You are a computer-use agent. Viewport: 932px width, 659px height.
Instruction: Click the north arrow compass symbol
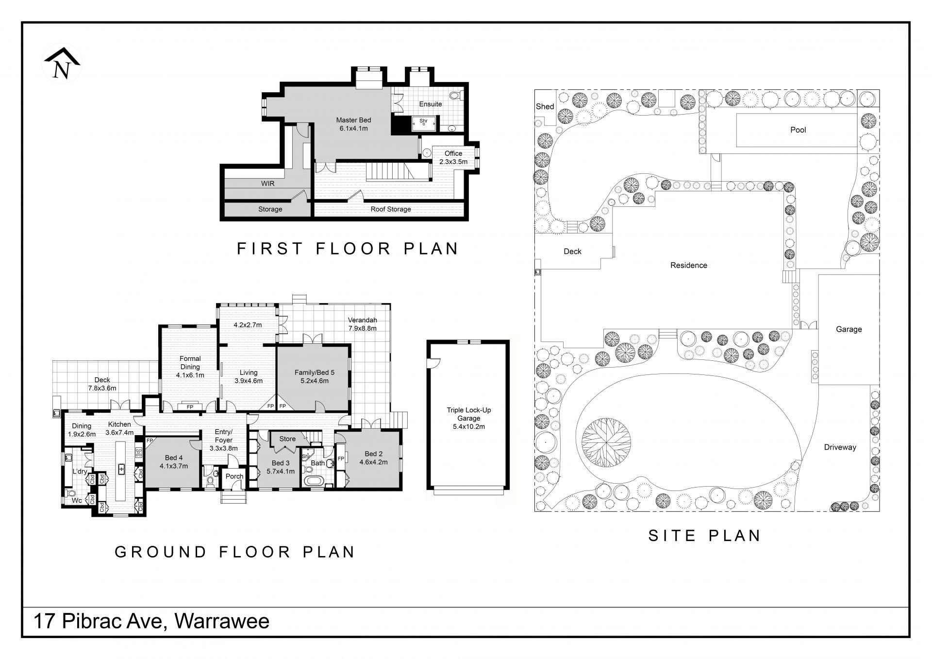(62, 64)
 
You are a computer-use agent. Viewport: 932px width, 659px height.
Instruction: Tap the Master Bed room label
(353, 124)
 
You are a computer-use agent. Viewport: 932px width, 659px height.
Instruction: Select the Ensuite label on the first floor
(431, 104)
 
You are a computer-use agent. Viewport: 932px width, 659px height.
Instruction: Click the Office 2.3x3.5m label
(453, 157)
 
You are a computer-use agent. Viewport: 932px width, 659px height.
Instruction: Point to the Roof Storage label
(391, 209)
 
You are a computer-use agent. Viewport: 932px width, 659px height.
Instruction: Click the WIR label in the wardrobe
(268, 184)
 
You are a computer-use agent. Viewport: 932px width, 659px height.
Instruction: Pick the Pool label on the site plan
(798, 130)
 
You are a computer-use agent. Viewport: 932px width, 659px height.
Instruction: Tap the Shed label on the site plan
(545, 106)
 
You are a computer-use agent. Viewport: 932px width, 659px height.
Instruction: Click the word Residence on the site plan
(688, 265)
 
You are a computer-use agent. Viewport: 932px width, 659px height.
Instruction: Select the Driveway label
(840, 447)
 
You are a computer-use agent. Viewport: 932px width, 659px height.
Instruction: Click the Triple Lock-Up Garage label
(469, 418)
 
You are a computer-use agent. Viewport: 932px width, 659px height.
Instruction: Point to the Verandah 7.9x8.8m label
(363, 324)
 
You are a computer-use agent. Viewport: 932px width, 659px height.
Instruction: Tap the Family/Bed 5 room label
(315, 376)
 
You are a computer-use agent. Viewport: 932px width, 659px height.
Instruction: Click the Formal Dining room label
(190, 367)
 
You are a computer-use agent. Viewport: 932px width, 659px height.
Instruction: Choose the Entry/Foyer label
(224, 440)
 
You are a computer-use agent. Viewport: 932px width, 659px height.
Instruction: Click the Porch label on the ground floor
(234, 476)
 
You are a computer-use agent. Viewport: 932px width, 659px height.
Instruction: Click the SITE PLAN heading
(704, 536)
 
